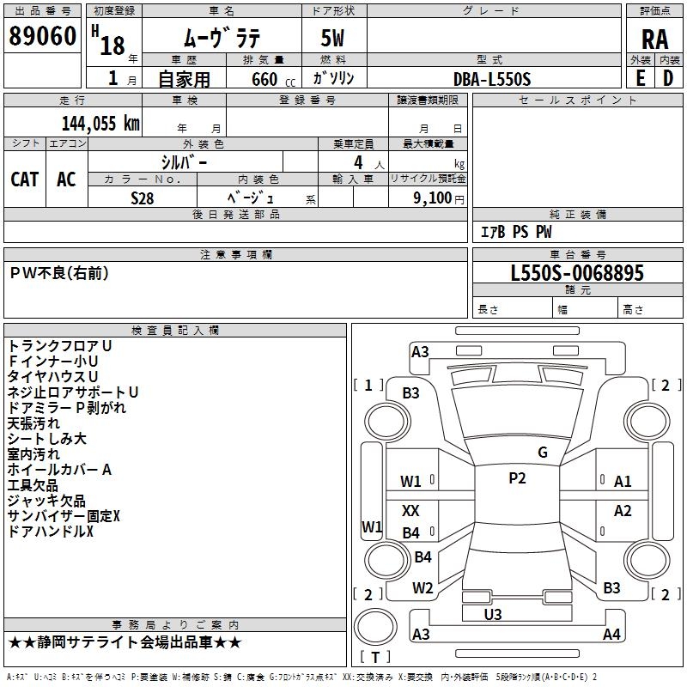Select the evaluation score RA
click(654, 40)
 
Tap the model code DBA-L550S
click(492, 79)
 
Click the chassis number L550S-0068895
click(577, 273)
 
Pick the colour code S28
click(143, 198)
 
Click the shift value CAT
click(24, 179)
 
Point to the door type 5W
click(334, 40)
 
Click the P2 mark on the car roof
click(517, 478)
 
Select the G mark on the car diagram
click(543, 453)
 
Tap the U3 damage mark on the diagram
click(493, 614)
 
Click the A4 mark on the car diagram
click(611, 635)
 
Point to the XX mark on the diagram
click(411, 510)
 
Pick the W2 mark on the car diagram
click(423, 588)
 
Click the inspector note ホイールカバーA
click(59, 470)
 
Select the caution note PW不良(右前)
click(59, 273)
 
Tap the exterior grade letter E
click(640, 77)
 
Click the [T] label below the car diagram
click(374, 657)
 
